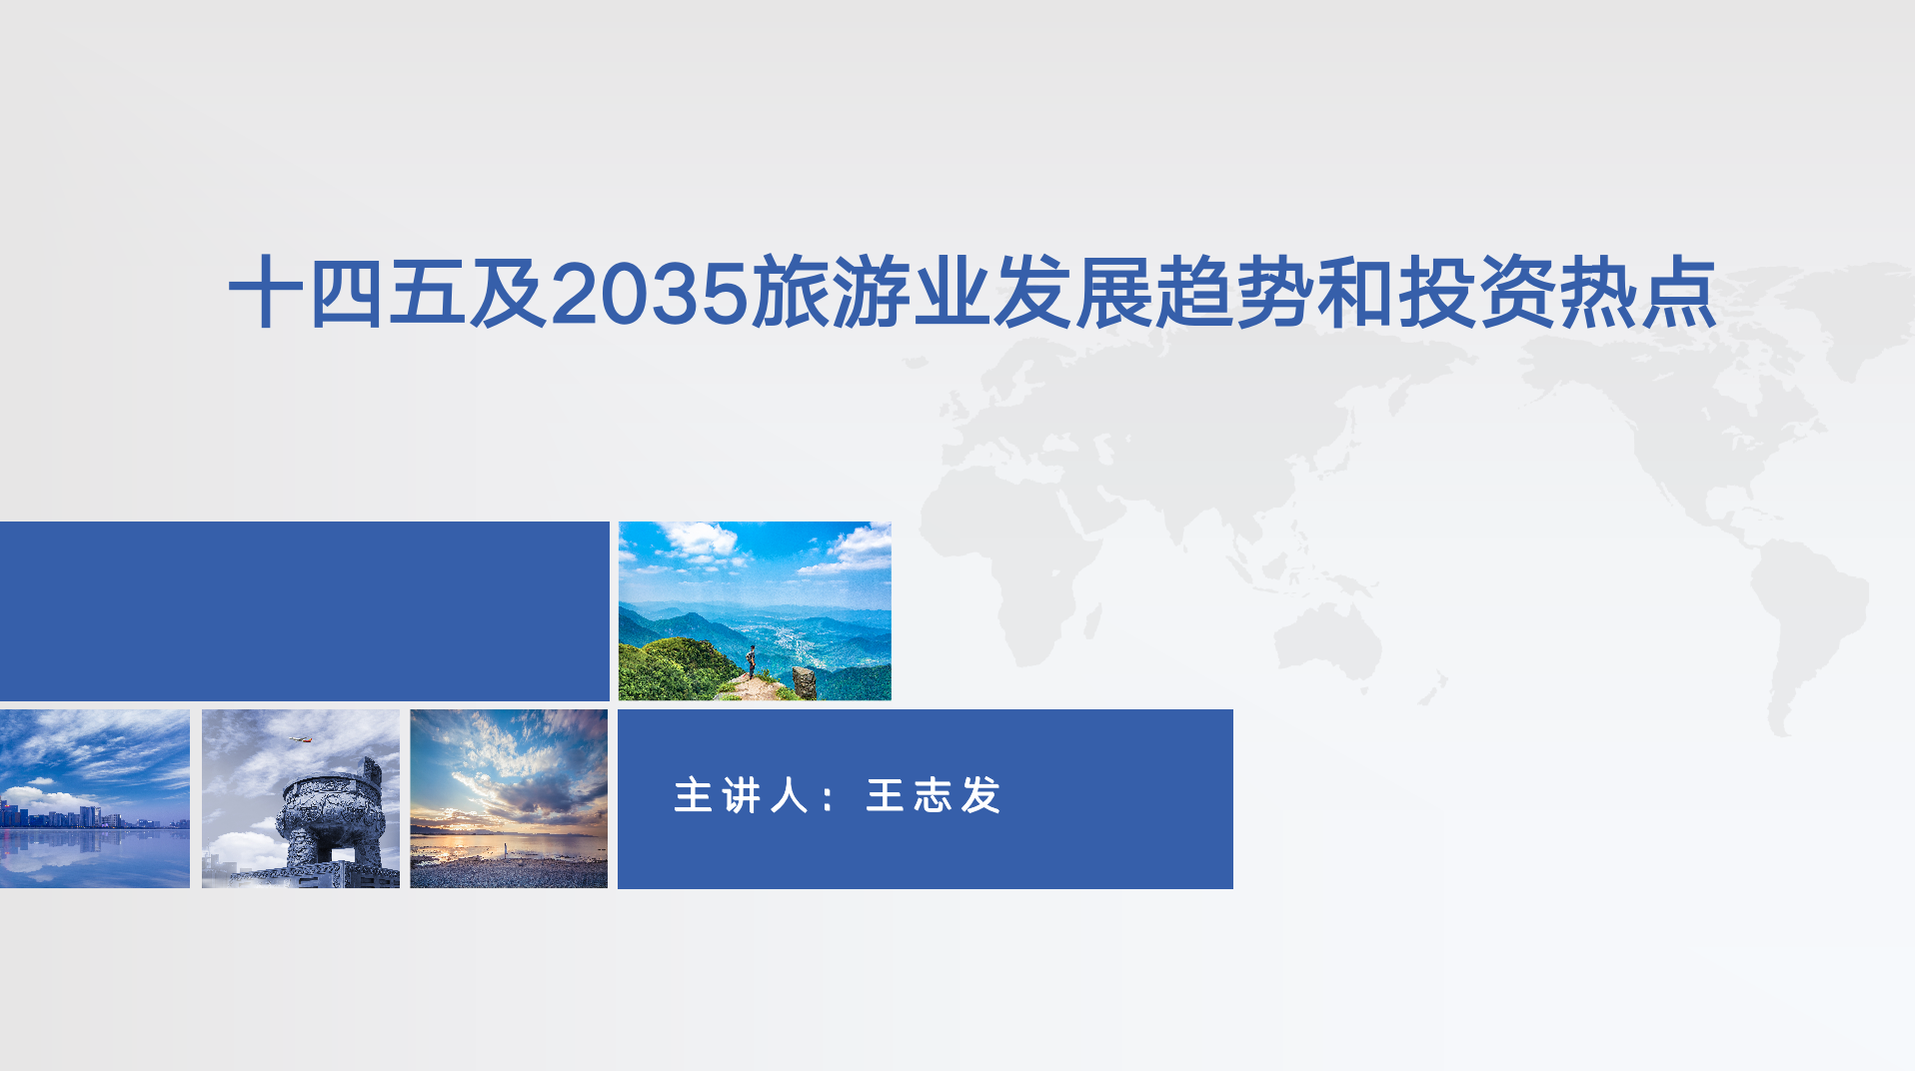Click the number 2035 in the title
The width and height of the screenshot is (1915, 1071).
tap(650, 293)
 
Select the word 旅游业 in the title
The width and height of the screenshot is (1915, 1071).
tap(871, 293)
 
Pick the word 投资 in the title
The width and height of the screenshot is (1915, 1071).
tap(1475, 293)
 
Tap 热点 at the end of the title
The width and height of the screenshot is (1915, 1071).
tap(1637, 293)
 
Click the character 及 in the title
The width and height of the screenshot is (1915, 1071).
tap(509, 293)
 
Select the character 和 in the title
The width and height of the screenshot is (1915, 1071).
tap(1354, 293)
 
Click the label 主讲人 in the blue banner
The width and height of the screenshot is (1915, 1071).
tap(741, 796)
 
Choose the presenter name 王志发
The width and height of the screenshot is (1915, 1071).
tap(934, 796)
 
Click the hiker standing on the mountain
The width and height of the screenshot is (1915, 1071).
tap(751, 661)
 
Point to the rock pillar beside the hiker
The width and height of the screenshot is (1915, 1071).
tap(805, 682)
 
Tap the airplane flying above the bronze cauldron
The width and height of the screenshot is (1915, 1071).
tap(300, 740)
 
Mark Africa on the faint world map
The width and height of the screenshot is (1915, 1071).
tap(1009, 559)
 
